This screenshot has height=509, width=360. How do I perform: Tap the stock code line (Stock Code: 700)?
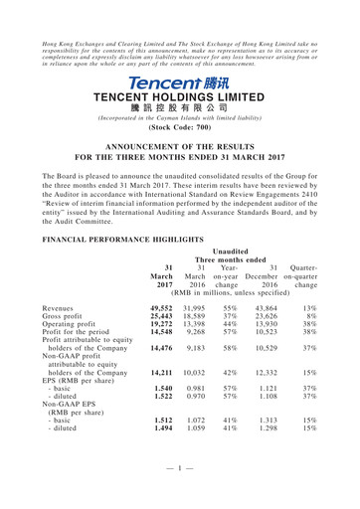(x=180, y=128)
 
